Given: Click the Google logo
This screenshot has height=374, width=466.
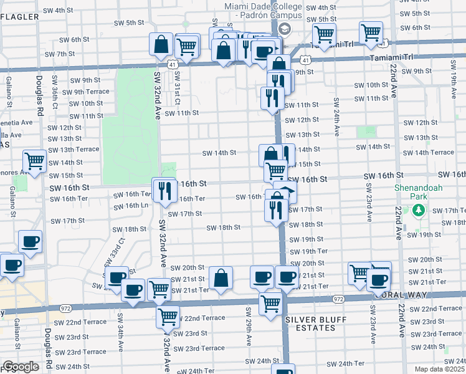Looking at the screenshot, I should tap(21, 367).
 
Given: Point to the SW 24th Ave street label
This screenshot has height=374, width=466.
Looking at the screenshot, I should tap(336, 117).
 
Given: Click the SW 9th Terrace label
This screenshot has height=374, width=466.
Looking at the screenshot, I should tap(88, 92).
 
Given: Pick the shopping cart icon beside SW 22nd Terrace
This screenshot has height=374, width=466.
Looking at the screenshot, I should tap(167, 317).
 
